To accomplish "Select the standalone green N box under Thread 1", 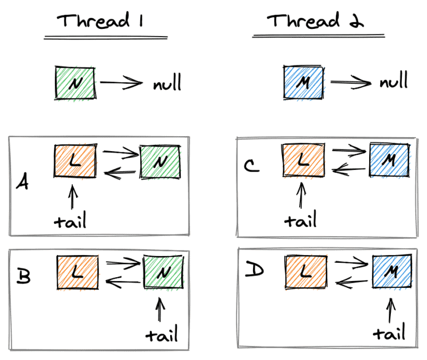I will pyautogui.click(x=75, y=84).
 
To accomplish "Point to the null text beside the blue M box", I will pyautogui.click(x=394, y=82).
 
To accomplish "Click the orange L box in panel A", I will pyautogui.click(x=75, y=162).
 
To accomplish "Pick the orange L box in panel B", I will pyautogui.click(x=77, y=272).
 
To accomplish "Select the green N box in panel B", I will pyautogui.click(x=163, y=272).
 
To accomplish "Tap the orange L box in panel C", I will pyautogui.click(x=302, y=161).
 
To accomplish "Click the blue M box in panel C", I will pyautogui.click(x=389, y=160).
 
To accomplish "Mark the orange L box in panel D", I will pyautogui.click(x=305, y=272).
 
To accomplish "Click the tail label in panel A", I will pyautogui.click(x=71, y=221).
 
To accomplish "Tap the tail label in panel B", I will pyautogui.click(x=162, y=335).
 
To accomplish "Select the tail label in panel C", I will pyautogui.click(x=300, y=220).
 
